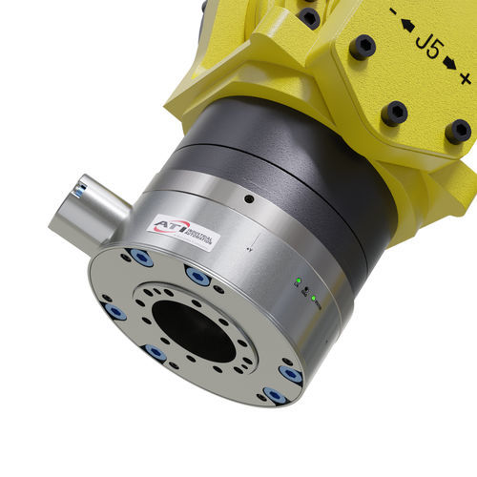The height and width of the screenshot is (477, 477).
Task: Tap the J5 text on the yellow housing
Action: click(x=425, y=45)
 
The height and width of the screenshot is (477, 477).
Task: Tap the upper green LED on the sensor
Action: click(x=299, y=281)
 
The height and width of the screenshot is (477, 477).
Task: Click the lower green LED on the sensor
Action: click(x=311, y=296)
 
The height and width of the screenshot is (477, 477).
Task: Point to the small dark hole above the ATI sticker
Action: click(x=248, y=200)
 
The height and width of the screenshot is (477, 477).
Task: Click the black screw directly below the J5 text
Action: click(x=394, y=114)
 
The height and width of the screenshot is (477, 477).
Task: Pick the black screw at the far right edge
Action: click(x=458, y=130)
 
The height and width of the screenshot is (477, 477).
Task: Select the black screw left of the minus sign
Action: click(x=361, y=46)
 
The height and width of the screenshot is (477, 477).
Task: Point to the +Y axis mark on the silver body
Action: click(x=249, y=245)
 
